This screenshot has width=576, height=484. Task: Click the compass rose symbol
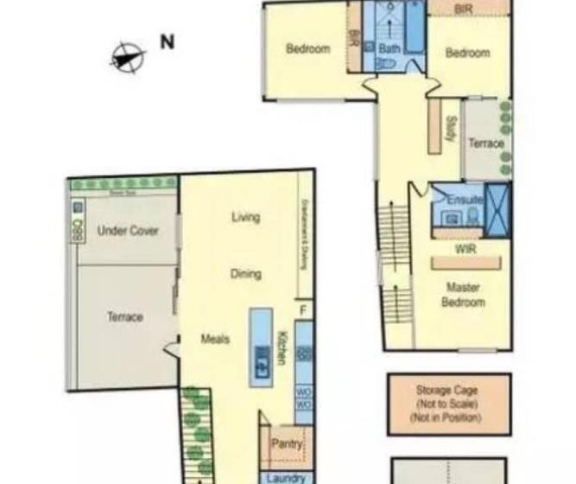pos(127,57)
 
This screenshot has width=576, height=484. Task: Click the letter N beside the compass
pos(168,41)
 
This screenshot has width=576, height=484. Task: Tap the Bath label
pos(389,49)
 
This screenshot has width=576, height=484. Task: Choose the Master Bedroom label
pos(464,295)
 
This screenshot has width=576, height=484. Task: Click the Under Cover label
pos(128,231)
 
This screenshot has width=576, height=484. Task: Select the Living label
pos(245,217)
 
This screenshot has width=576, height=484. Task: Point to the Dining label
pos(245,274)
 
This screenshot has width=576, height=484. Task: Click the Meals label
pos(215,339)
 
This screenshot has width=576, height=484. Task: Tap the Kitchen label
pos(282,346)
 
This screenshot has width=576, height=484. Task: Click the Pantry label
pos(287,444)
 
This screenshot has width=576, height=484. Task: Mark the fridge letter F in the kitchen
pos(302,309)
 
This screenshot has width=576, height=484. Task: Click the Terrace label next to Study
pos(485,143)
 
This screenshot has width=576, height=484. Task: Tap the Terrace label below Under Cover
pos(125,317)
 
